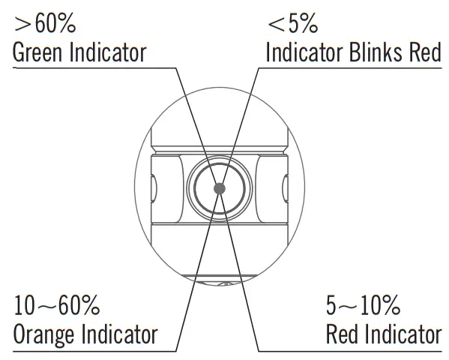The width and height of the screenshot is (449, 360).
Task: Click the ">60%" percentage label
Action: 45,24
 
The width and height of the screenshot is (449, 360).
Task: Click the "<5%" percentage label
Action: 293,23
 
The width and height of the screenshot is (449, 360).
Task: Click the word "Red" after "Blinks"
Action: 425,52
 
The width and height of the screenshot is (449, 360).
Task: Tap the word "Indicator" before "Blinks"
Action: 304,52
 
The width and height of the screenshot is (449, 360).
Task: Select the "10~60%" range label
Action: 57,305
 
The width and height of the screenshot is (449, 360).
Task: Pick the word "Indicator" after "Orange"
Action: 119,334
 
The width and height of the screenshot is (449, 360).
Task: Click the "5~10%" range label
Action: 363,305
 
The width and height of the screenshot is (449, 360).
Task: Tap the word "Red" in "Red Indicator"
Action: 342,334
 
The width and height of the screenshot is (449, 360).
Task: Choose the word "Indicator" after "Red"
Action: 403,334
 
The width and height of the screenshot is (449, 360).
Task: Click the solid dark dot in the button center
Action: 220,188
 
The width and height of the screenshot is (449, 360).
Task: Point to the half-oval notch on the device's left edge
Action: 154,188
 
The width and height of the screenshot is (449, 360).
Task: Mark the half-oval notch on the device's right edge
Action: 285,188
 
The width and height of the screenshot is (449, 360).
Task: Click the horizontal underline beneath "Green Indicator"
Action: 94,68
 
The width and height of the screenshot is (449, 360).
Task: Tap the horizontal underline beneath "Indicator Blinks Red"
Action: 350,68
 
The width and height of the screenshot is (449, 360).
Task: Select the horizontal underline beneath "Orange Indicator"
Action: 94,351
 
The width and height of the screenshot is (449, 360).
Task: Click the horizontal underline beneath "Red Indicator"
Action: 350,351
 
